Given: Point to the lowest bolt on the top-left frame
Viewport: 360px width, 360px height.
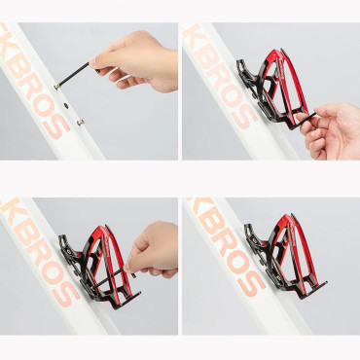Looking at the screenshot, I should (x=79, y=123).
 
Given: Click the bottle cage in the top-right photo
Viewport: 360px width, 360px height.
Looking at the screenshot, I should (x=273, y=92).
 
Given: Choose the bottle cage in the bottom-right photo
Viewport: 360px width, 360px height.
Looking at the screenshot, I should (x=282, y=258).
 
